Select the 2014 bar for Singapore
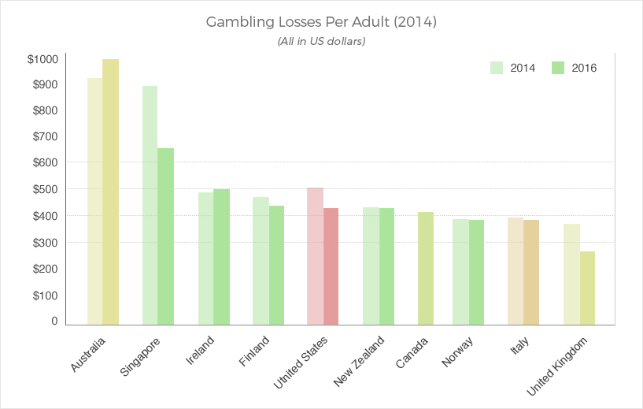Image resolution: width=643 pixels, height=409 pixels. [150, 206]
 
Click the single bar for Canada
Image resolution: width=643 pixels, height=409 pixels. [426, 268]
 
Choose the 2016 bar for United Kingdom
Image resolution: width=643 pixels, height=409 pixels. [588, 288]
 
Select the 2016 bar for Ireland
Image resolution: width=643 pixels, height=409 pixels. [221, 257]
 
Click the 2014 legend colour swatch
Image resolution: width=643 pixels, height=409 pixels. [497, 68]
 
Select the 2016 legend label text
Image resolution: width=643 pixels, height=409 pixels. [584, 68]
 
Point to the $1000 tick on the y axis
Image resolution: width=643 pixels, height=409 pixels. [42, 59]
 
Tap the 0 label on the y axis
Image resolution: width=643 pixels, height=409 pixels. [54, 321]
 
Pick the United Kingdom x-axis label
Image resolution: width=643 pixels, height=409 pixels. [557, 366]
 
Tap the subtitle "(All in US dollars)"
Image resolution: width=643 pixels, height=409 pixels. [321, 41]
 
